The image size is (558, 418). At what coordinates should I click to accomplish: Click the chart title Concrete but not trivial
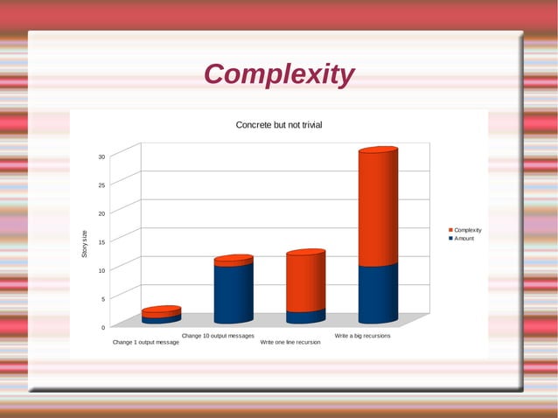coord(279,125)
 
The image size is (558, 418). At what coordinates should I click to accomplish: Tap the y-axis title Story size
coord(85,243)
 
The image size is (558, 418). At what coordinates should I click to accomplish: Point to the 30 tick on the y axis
coord(101,157)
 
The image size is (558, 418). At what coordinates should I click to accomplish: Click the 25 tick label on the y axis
coord(101,185)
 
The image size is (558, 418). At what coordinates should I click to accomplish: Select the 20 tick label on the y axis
coord(101,213)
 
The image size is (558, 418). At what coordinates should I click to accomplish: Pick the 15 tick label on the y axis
coord(101,242)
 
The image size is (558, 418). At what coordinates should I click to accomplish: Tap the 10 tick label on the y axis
coord(101,270)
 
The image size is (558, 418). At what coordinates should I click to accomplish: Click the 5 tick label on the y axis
coord(102,299)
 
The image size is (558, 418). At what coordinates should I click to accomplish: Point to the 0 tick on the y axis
coord(102,327)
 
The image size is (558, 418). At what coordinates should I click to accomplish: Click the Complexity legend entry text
coord(467,230)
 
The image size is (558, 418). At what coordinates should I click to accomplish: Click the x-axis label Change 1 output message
coord(146,342)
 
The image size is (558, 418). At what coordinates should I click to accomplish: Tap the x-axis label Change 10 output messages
coord(218,336)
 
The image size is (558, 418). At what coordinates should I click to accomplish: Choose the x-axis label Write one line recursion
coord(290,342)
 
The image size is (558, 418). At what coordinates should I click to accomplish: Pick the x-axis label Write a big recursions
coord(362,336)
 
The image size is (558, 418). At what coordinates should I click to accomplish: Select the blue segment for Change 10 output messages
coord(234,292)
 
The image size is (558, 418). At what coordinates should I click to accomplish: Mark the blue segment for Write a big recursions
coord(378,293)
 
